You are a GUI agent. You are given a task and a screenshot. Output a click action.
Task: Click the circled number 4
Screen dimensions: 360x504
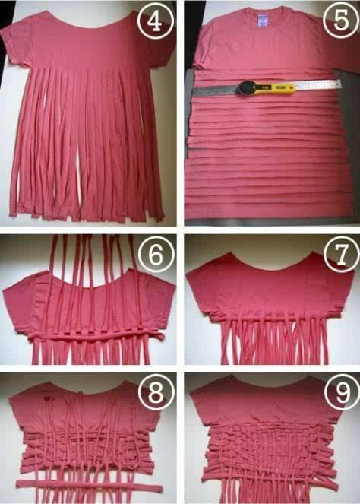(156, 21)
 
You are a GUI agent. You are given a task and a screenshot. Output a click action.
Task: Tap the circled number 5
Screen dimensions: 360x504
(341, 20)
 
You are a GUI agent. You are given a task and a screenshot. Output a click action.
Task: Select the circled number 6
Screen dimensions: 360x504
(156, 255)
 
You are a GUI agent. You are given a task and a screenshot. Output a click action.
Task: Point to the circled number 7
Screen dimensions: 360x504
(342, 254)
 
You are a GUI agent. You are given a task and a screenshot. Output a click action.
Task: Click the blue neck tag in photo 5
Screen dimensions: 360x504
(263, 21)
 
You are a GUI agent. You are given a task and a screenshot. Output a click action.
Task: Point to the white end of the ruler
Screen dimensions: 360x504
(318, 85)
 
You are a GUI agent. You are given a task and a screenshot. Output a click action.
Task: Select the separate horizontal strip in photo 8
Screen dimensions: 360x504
(90, 487)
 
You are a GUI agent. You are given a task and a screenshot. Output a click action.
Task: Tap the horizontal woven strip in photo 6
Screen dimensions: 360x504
(96, 337)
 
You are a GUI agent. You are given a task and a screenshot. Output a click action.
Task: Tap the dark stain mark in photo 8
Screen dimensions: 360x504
(48, 398)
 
